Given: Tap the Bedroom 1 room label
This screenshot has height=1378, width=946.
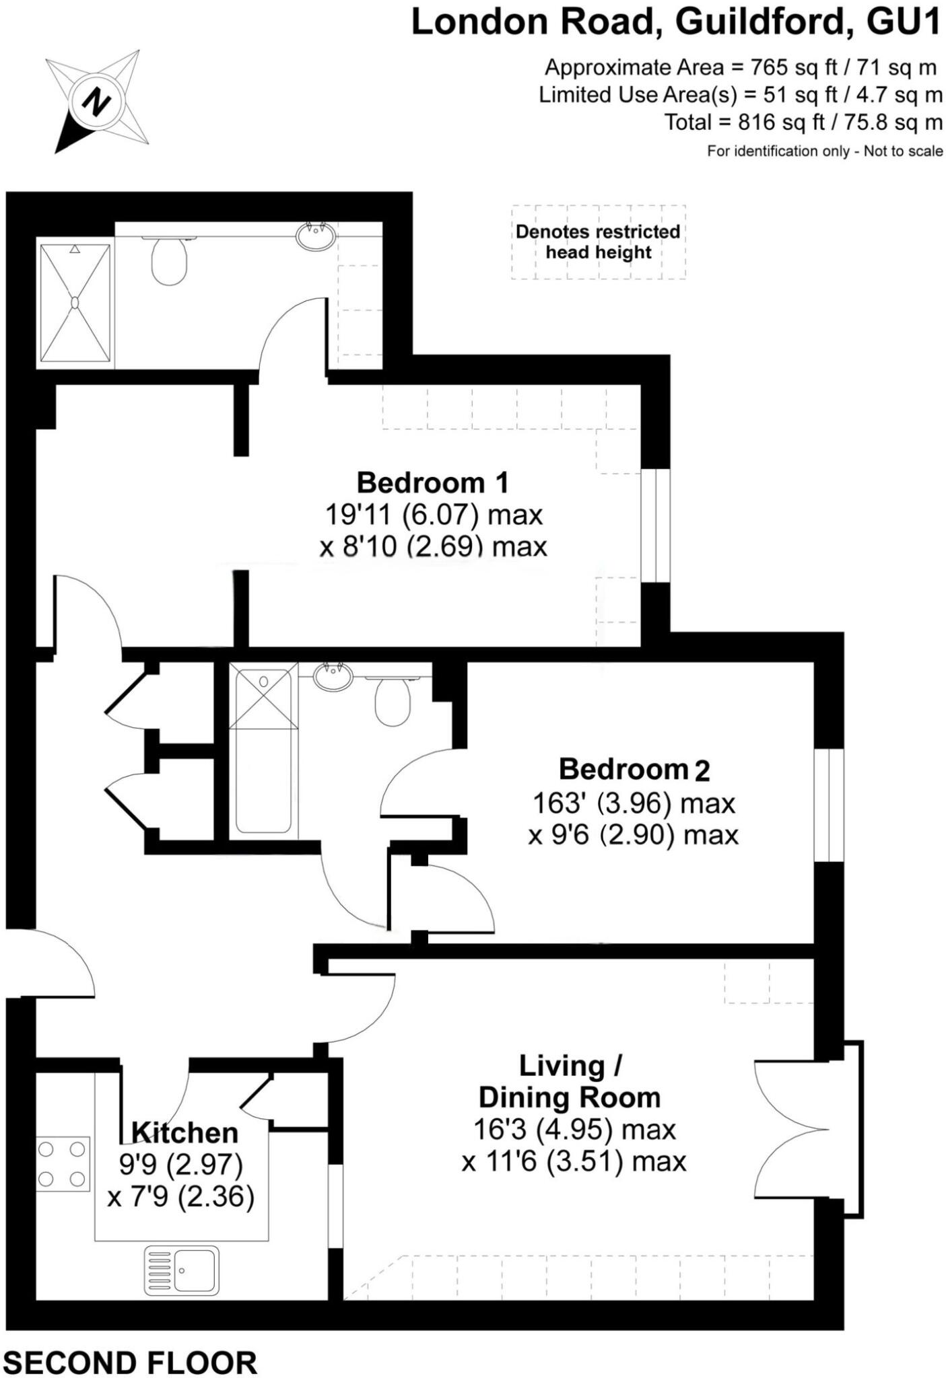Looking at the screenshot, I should point(432,482).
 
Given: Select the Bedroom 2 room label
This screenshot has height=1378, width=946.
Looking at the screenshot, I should point(634,769).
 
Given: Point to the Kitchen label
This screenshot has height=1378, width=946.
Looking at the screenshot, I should point(185,1133).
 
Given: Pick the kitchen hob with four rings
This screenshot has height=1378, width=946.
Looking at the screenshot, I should point(63,1164).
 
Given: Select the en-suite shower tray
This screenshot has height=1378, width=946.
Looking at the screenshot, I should point(75,303).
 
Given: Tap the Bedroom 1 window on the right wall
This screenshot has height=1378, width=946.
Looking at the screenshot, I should point(655,525).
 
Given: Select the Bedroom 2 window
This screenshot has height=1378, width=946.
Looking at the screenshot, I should point(829,805).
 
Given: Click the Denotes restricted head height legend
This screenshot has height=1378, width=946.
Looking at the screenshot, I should point(599,242).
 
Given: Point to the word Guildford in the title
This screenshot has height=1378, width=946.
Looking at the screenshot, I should point(759,22).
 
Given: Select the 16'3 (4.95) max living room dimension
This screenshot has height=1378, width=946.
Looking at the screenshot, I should point(574,1130).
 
